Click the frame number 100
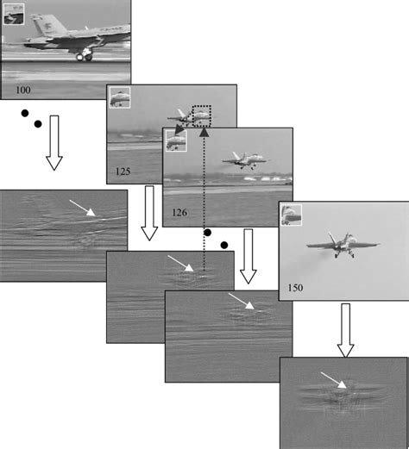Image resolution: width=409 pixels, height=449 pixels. pyautogui.click(x=23, y=90)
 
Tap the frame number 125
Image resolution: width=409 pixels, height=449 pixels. pyautogui.click(x=123, y=171)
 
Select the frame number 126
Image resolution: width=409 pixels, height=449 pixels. pyautogui.click(x=179, y=213)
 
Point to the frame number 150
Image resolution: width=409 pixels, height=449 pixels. pyautogui.click(x=295, y=288)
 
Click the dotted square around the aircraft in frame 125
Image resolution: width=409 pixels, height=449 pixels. pyautogui.click(x=202, y=106)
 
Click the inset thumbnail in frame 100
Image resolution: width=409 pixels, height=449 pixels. pyautogui.click(x=14, y=14)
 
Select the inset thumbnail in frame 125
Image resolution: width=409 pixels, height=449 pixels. pyautogui.click(x=120, y=97)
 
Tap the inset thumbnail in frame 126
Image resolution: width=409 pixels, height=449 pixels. pyautogui.click(x=177, y=140)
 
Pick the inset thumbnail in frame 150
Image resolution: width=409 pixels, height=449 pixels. pyautogui.click(x=291, y=215)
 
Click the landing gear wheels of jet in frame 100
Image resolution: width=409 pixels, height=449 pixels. pyautogui.click(x=85, y=56)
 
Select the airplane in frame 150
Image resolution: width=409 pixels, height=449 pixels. pyautogui.click(x=343, y=245)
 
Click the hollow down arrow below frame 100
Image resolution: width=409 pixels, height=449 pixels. pyautogui.click(x=54, y=143)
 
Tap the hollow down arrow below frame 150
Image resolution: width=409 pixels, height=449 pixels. pyautogui.click(x=345, y=330)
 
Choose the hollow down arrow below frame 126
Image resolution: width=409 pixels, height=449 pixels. pyautogui.click(x=249, y=256)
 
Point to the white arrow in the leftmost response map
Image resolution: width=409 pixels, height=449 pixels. pyautogui.click(x=82, y=208)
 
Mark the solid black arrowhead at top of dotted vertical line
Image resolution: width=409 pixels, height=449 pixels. pyautogui.click(x=204, y=132)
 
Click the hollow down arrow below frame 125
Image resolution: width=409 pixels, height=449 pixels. pyautogui.click(x=149, y=213)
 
